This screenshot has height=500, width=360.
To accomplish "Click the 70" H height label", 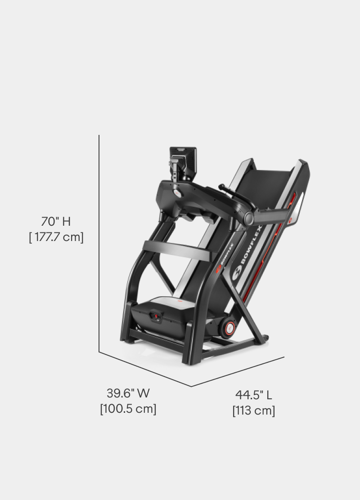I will (x=56, y=222).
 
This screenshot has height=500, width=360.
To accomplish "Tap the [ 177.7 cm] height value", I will (x=56, y=237).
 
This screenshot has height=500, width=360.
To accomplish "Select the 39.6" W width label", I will (x=128, y=393).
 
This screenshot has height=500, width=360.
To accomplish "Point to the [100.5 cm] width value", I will (x=128, y=409).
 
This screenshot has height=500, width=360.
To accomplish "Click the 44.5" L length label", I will (x=254, y=395).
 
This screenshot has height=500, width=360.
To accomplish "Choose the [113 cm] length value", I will (x=254, y=411).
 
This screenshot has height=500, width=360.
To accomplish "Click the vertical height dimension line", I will (x=99, y=243).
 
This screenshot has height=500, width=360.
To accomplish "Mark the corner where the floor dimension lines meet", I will (x=191, y=386).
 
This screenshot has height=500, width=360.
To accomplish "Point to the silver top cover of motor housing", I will (x=171, y=303).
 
